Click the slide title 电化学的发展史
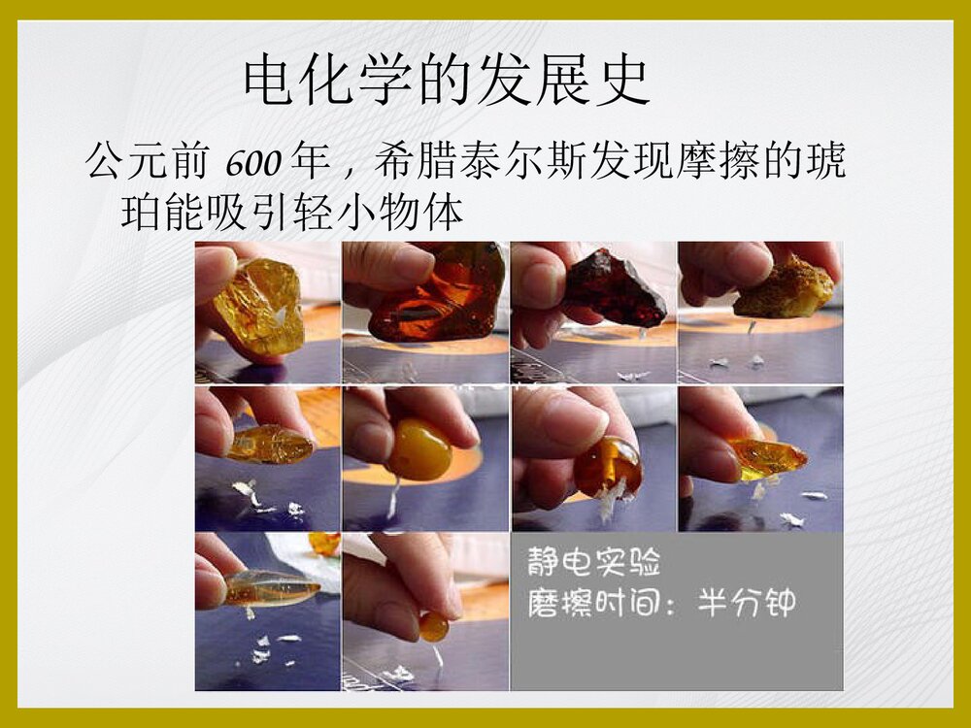point(446,82)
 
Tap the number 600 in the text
point(253,163)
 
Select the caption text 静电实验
point(593,561)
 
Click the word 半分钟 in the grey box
point(747,603)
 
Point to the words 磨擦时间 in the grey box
point(593,603)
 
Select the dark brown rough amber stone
point(616,287)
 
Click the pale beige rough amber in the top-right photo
point(785,287)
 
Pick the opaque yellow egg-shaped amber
point(419,450)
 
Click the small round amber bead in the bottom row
point(433,627)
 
